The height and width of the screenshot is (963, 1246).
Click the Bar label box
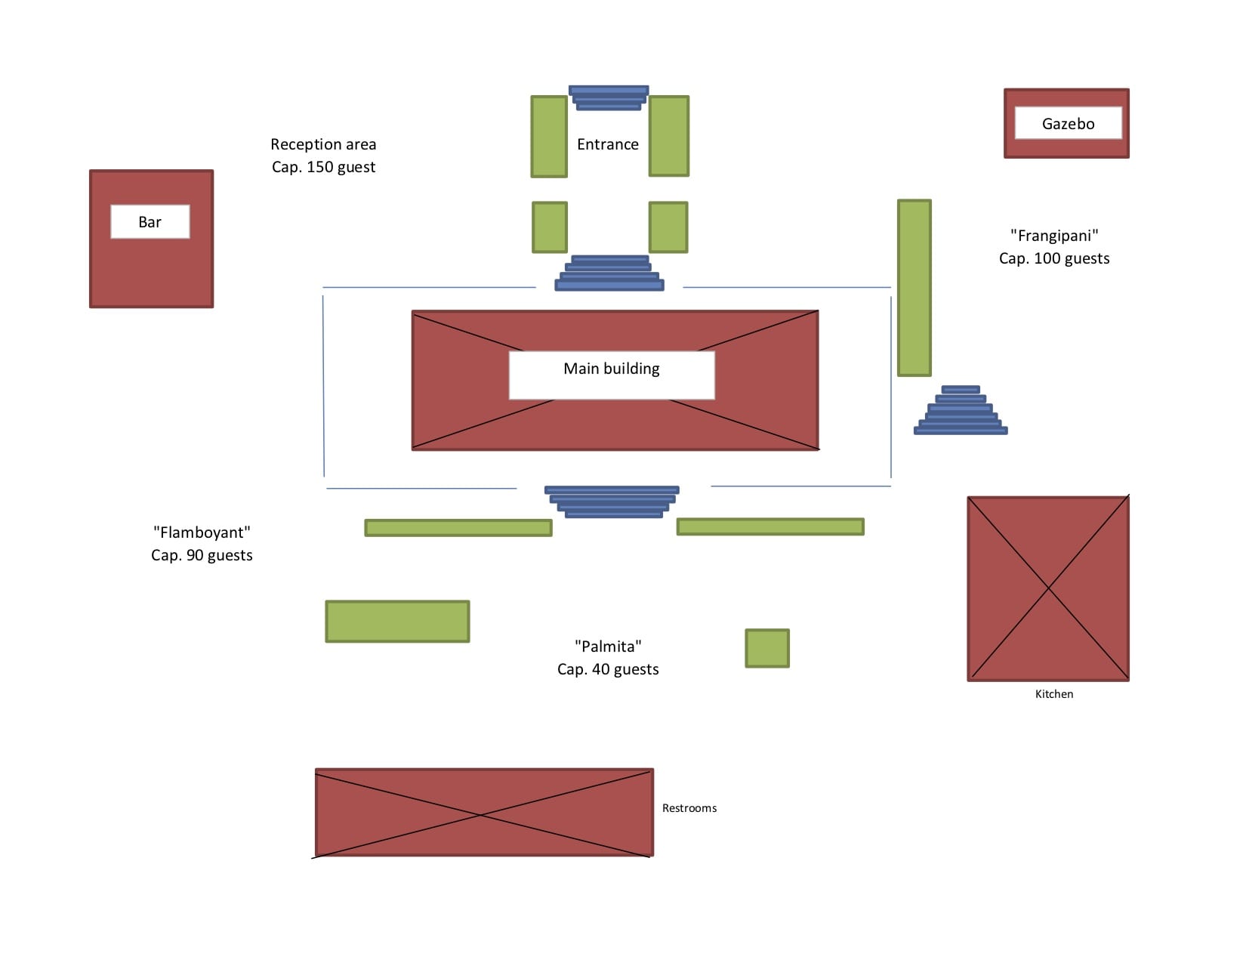150,221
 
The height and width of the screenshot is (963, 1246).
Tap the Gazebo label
1068,123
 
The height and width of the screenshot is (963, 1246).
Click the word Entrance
607,144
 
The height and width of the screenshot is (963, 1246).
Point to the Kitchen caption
1054,693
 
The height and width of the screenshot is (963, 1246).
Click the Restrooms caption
689,807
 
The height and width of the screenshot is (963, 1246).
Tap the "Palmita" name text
608,646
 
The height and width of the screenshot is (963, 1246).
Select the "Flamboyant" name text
202,532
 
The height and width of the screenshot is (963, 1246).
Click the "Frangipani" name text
1054,236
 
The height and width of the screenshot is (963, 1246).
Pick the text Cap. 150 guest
323,167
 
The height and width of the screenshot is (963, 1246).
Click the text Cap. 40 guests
608,668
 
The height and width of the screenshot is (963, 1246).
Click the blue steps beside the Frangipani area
961,410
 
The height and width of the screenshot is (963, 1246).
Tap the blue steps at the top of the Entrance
609,97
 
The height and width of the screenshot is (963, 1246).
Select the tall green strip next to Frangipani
914,288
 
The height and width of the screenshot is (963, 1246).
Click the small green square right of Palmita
767,648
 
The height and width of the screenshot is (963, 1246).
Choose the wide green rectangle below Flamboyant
397,621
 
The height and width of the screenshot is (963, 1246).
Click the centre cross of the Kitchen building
1048,588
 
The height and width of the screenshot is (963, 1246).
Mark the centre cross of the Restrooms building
480,814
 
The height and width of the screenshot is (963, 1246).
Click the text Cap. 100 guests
1054,258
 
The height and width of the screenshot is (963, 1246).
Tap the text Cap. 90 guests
202,555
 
